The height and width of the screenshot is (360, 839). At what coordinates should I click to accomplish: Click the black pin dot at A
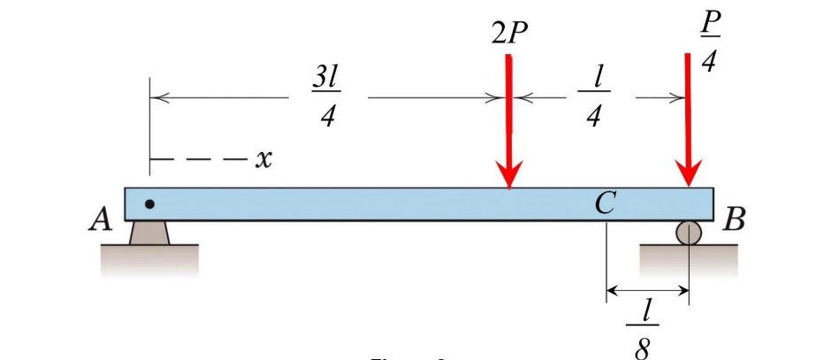149,204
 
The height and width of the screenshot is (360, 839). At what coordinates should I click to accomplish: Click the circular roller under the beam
688,233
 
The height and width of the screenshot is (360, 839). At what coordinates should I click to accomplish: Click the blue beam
354,203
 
